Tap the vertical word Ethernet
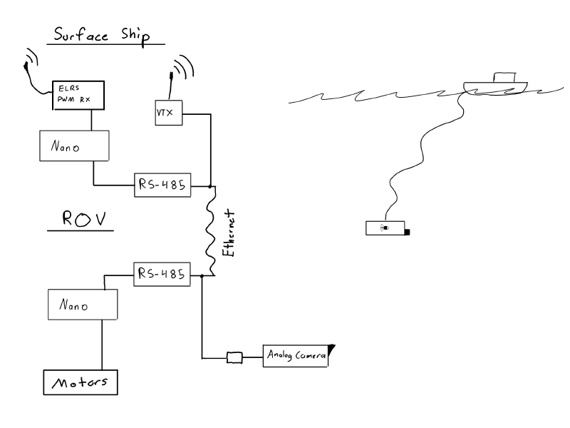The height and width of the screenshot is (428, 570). (229, 233)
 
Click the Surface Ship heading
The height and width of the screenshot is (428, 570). (102, 35)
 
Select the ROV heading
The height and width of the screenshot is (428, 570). (84, 218)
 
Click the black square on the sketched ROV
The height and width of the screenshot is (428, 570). (407, 233)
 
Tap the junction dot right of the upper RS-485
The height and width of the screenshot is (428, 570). (209, 186)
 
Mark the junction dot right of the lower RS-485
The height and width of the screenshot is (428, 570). (202, 276)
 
